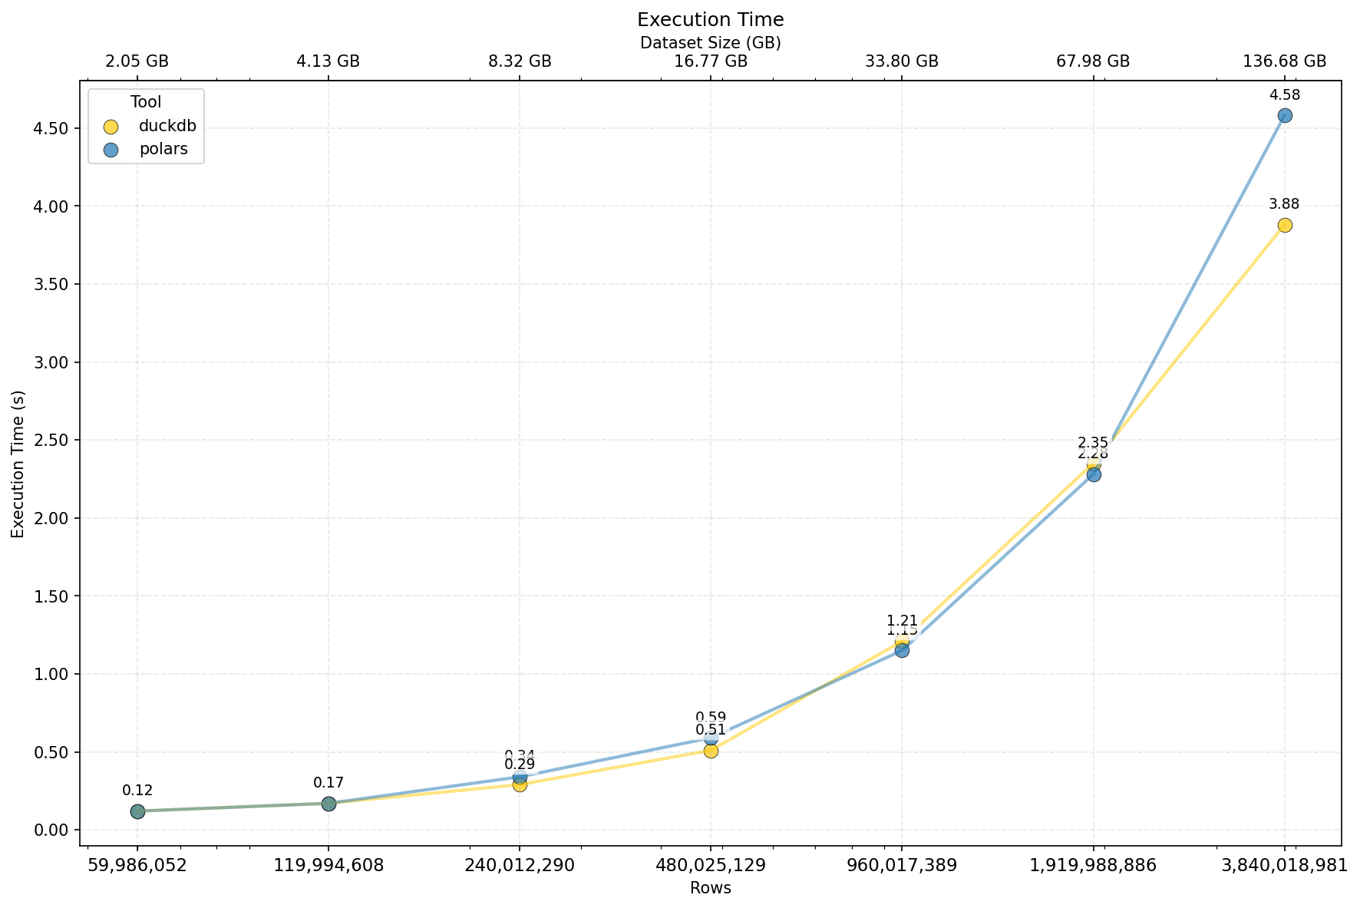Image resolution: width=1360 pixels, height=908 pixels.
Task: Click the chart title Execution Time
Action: tap(710, 20)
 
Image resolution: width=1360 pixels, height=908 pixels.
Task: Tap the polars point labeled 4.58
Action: tap(1285, 116)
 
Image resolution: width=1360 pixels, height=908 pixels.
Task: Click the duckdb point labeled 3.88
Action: tap(1285, 225)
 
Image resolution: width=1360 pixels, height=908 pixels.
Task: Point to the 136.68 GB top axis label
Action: tap(1284, 62)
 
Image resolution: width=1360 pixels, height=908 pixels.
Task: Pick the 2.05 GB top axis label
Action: tap(137, 62)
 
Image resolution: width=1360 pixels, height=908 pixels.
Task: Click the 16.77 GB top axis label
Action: tap(711, 62)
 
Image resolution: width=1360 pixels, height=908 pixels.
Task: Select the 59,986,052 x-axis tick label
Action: tap(137, 866)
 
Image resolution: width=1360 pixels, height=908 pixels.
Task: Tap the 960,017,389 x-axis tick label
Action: tap(902, 866)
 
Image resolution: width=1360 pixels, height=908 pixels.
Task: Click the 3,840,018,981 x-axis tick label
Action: tap(1284, 866)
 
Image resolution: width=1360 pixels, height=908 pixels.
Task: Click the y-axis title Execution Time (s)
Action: tap(18, 464)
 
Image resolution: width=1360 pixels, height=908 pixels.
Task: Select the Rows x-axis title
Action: tap(710, 889)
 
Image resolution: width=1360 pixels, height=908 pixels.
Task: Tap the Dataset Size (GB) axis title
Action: tap(710, 43)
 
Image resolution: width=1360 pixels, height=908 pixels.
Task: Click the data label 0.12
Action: tap(137, 791)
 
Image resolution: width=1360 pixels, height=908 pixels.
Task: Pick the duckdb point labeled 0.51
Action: tap(711, 751)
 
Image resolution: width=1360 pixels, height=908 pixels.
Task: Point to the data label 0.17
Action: tap(328, 783)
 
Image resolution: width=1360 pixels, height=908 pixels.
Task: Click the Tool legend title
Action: tap(146, 103)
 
